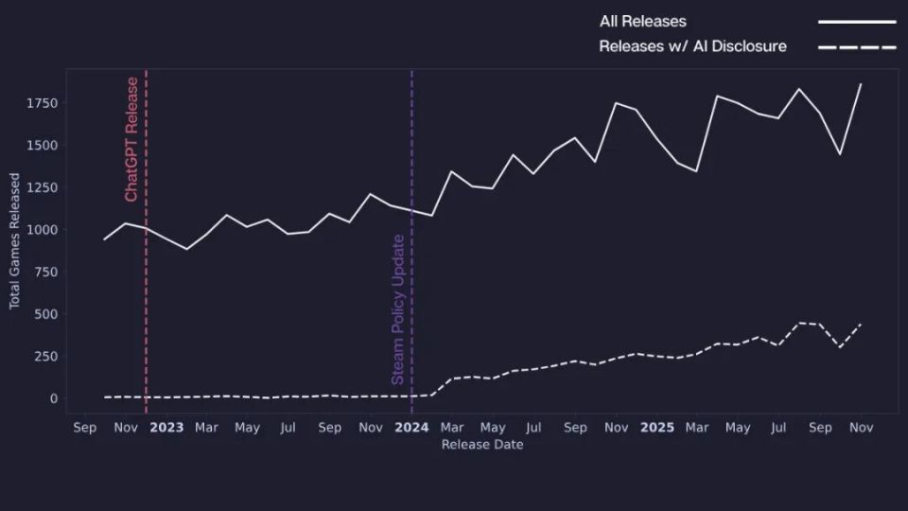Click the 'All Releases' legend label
[643, 22]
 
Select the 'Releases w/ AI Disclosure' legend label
[692, 46]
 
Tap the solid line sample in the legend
[857, 22]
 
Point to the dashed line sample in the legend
[857, 47]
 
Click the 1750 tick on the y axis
[42, 103]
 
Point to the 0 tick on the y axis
[54, 398]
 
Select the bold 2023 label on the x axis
[166, 428]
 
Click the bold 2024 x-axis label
[411, 428]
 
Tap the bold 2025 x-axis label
[657, 428]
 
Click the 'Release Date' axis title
[482, 445]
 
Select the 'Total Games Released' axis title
[14, 241]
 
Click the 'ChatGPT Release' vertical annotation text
[131, 140]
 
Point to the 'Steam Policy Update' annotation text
[398, 309]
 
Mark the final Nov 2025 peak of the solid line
[861, 84]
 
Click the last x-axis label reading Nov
[861, 428]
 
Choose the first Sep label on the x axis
[84, 428]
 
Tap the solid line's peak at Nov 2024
[616, 103]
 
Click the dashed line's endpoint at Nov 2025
[861, 325]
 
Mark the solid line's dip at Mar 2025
[696, 171]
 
